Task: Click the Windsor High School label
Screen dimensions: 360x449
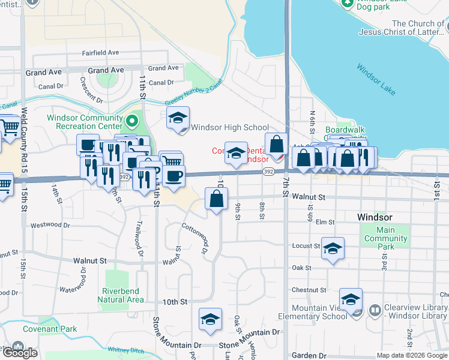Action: click(230, 127)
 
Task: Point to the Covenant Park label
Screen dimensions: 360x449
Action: click(50, 329)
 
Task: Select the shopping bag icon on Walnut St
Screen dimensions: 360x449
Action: click(216, 198)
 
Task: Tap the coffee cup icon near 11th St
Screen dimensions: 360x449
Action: click(174, 176)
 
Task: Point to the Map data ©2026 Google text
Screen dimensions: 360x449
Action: click(412, 355)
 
